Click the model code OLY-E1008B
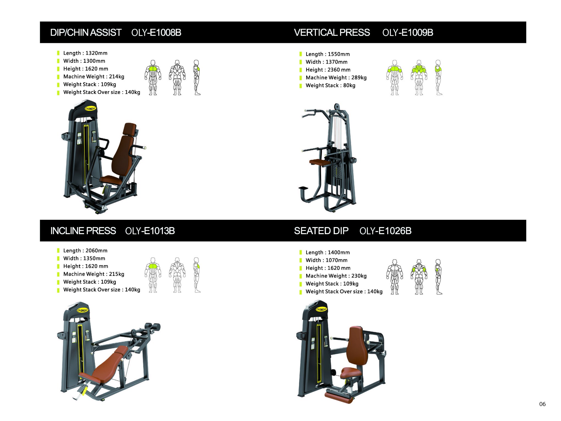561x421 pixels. tap(156, 32)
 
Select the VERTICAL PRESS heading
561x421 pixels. tap(332, 32)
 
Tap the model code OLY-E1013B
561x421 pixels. tap(150, 231)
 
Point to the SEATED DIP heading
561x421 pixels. tap(321, 231)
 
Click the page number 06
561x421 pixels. tap(542, 404)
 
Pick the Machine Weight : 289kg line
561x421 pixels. tap(336, 78)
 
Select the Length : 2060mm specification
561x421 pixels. tap(85, 250)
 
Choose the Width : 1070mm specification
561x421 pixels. tap(327, 260)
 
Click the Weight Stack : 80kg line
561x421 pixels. tap(330, 85)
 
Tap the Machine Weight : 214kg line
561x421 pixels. tap(94, 76)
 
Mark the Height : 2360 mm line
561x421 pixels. tap(328, 70)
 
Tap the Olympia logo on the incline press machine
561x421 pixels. tap(82, 310)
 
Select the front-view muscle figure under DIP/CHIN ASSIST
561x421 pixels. tap(153, 78)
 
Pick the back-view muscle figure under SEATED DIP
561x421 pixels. tap(419, 277)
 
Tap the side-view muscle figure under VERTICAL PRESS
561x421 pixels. tap(438, 78)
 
